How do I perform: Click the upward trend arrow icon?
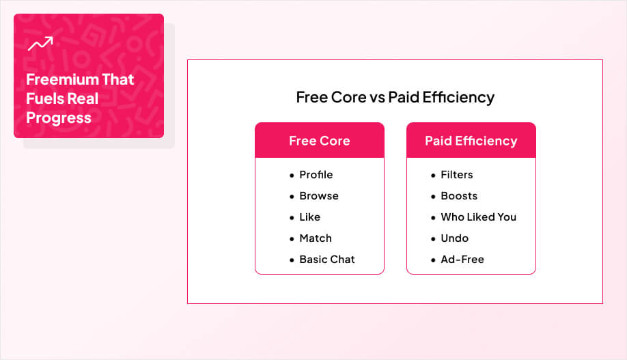click(x=40, y=44)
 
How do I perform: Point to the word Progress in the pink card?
click(x=59, y=117)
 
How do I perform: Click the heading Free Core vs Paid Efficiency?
click(x=395, y=97)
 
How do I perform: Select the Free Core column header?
click(x=319, y=141)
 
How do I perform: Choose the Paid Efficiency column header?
click(x=471, y=141)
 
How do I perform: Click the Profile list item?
click(x=316, y=175)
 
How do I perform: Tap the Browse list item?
click(x=318, y=196)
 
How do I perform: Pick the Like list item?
click(x=309, y=217)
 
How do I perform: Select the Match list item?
click(x=315, y=238)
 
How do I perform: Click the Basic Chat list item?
click(x=326, y=260)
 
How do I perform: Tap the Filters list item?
click(x=456, y=175)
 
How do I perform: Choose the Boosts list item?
click(x=458, y=196)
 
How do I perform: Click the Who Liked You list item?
click(x=478, y=217)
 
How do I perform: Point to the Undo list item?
click(x=454, y=238)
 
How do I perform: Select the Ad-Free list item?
click(x=462, y=260)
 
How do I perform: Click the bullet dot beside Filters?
click(x=433, y=176)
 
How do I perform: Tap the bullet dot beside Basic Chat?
click(x=292, y=260)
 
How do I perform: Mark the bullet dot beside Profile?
click(x=292, y=176)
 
